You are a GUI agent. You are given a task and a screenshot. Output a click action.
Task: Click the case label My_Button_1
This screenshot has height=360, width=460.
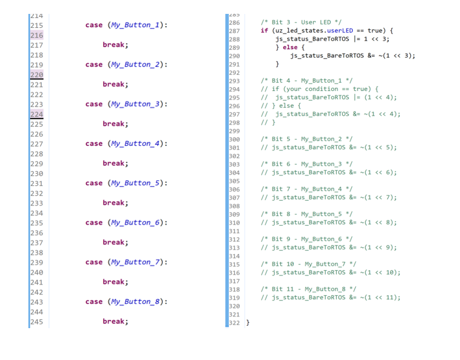point(135,25)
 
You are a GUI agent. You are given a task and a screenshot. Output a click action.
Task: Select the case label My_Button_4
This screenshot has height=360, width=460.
point(135,144)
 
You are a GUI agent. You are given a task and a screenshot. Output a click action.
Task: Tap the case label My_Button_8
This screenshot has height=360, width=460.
point(135,302)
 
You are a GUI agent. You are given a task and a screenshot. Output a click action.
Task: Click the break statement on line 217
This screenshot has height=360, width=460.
point(115,45)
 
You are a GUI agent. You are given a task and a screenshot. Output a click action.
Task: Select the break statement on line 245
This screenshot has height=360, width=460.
point(115,321)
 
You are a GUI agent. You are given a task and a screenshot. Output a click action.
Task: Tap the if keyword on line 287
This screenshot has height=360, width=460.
point(264,31)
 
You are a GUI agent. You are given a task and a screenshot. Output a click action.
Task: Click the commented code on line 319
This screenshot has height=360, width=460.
point(330,297)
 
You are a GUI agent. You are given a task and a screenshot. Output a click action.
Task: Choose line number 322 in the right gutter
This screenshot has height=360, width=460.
point(235,322)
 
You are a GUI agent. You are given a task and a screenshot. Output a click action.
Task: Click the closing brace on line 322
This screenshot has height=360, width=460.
point(248,322)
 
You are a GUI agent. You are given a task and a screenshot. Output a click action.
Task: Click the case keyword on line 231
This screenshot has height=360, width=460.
point(94,183)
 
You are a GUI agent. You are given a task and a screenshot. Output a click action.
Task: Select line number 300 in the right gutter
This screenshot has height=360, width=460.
point(235,139)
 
